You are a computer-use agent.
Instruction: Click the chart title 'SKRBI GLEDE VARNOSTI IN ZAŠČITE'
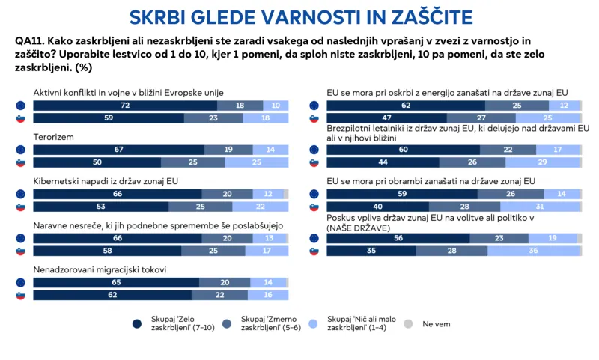(299, 16)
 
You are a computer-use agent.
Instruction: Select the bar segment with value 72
(121, 106)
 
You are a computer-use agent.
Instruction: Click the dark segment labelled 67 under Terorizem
(118, 150)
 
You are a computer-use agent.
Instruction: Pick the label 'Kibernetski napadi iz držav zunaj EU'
(106, 181)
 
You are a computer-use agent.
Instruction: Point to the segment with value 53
(100, 207)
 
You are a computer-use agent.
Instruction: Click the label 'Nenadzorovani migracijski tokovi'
(99, 269)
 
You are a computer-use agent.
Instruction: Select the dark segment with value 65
(116, 282)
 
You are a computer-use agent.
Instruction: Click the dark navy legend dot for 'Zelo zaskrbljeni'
(137, 324)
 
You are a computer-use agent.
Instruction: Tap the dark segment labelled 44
(383, 162)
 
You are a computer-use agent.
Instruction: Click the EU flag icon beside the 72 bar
(20, 106)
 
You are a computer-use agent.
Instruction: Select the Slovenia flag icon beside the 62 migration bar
(20, 295)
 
